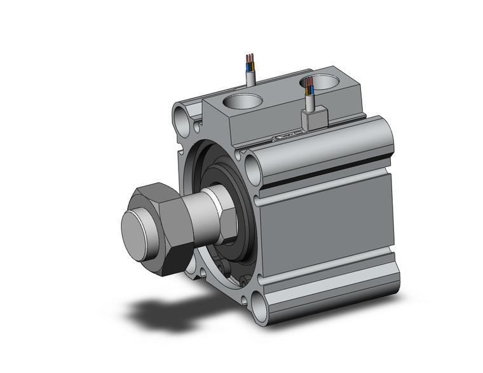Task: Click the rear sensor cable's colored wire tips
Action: click(x=249, y=62)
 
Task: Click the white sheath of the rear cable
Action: click(x=251, y=78)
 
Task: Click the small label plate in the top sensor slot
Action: click(x=283, y=135)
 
